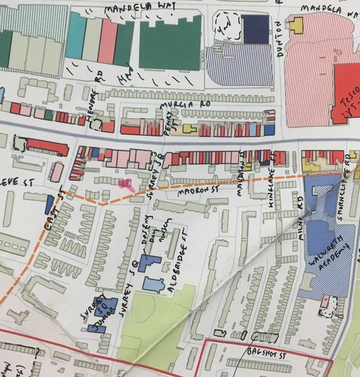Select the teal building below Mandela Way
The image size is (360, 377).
pos(75,37)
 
